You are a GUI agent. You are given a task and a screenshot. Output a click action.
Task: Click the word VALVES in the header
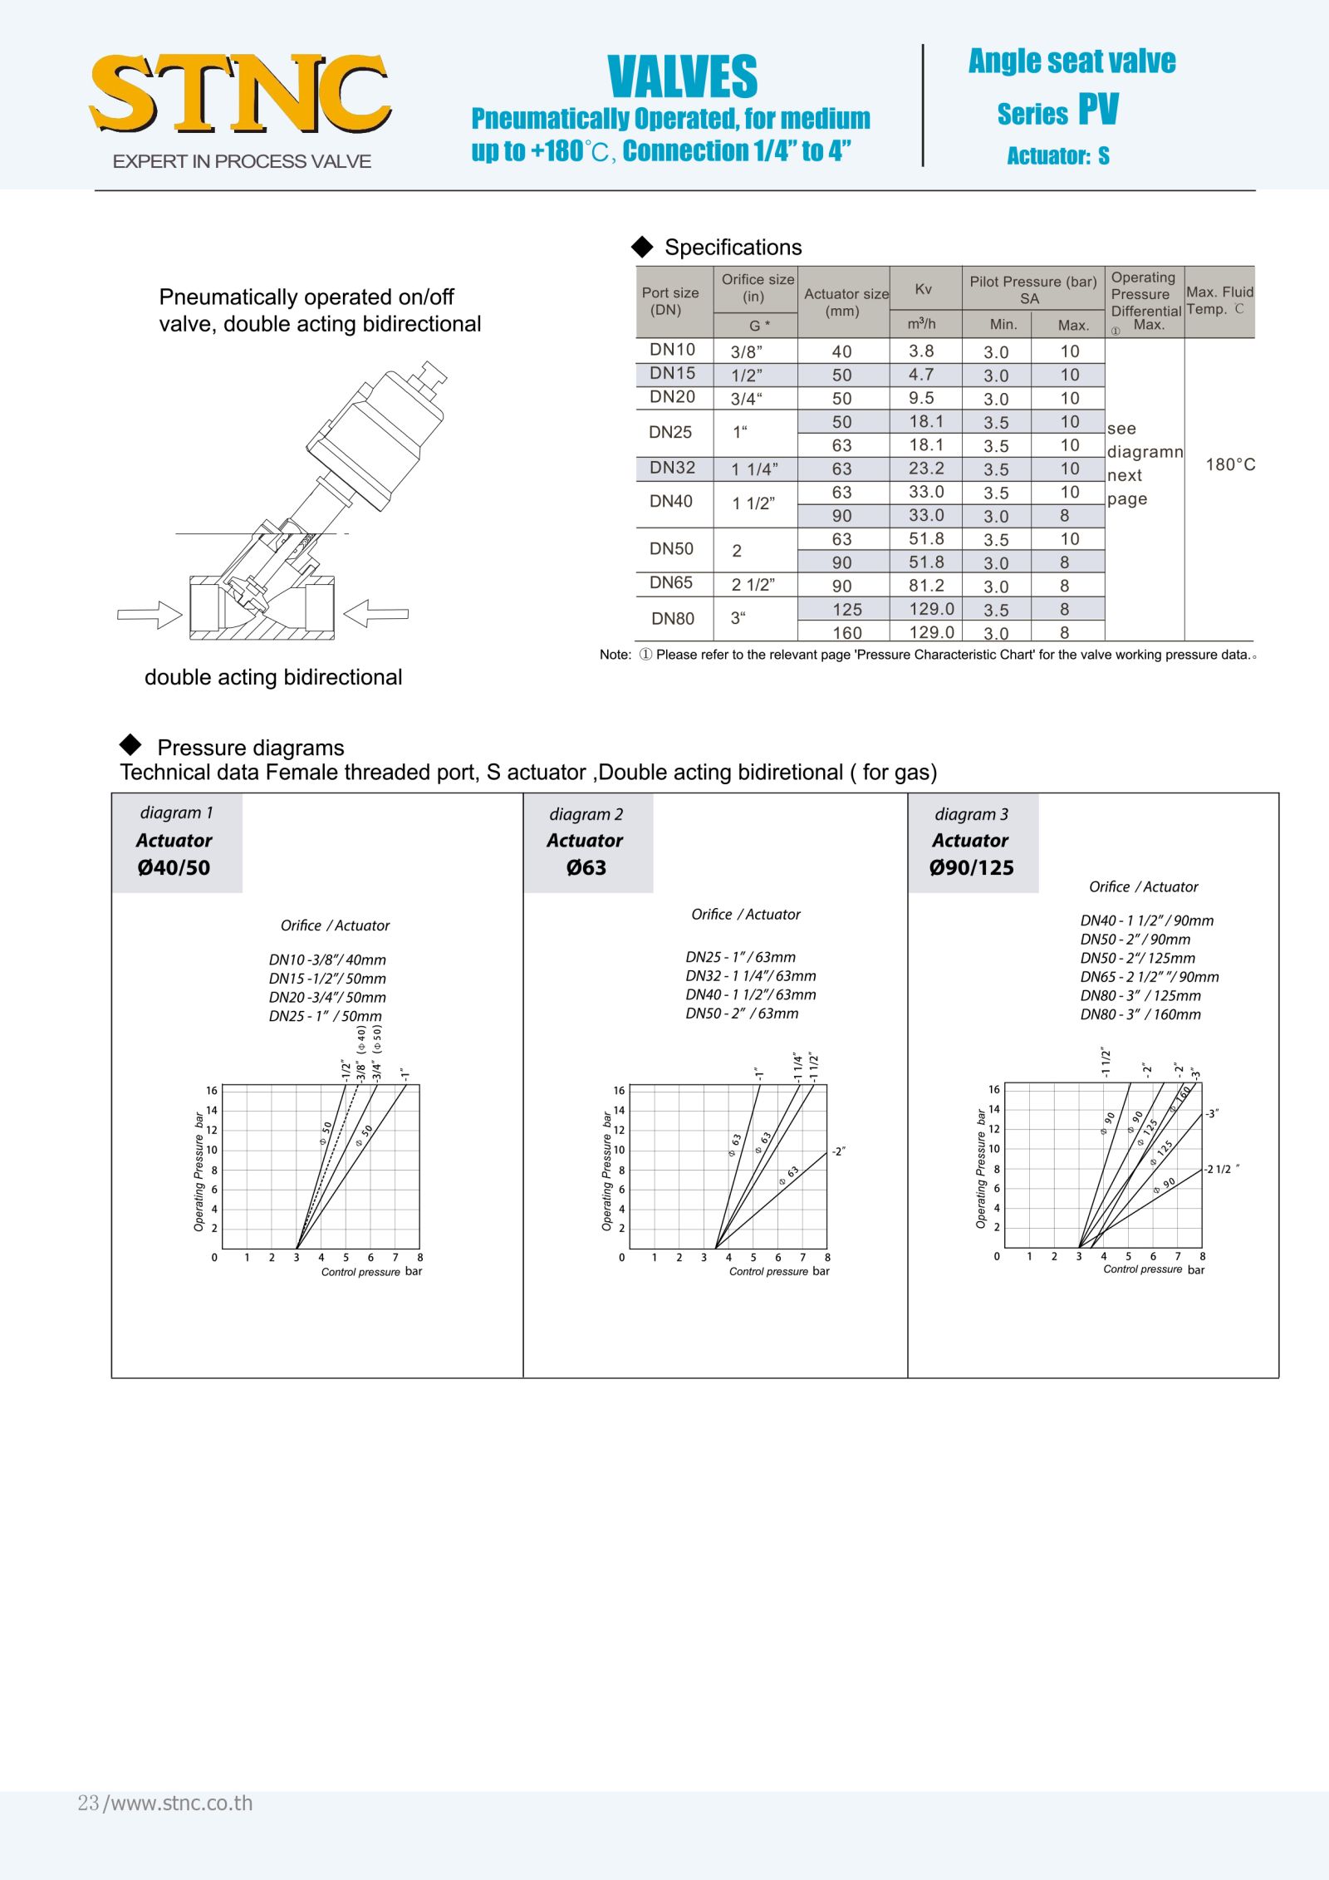point(682,76)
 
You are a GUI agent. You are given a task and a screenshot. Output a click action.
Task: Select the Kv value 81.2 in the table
point(926,586)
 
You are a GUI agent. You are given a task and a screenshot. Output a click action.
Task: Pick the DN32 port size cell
point(672,468)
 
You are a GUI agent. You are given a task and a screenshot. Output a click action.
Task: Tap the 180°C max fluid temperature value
point(1230,464)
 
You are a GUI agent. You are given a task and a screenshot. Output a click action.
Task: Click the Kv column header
point(923,289)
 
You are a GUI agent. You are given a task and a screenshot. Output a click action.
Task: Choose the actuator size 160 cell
point(846,632)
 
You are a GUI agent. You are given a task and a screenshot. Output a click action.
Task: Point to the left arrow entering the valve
point(150,615)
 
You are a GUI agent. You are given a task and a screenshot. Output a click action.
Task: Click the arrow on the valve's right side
point(376,614)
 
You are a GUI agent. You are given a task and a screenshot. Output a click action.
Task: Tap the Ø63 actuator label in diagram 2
point(586,867)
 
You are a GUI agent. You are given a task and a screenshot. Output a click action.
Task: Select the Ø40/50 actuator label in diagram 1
point(174,867)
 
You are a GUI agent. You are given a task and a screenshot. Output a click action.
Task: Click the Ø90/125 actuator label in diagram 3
point(972,867)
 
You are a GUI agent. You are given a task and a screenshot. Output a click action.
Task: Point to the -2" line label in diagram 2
point(839,1151)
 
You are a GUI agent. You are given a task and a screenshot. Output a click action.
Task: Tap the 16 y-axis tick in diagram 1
point(212,1091)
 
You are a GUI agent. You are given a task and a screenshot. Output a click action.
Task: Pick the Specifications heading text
point(733,248)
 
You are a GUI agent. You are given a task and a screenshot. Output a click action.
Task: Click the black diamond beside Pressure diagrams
point(130,744)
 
